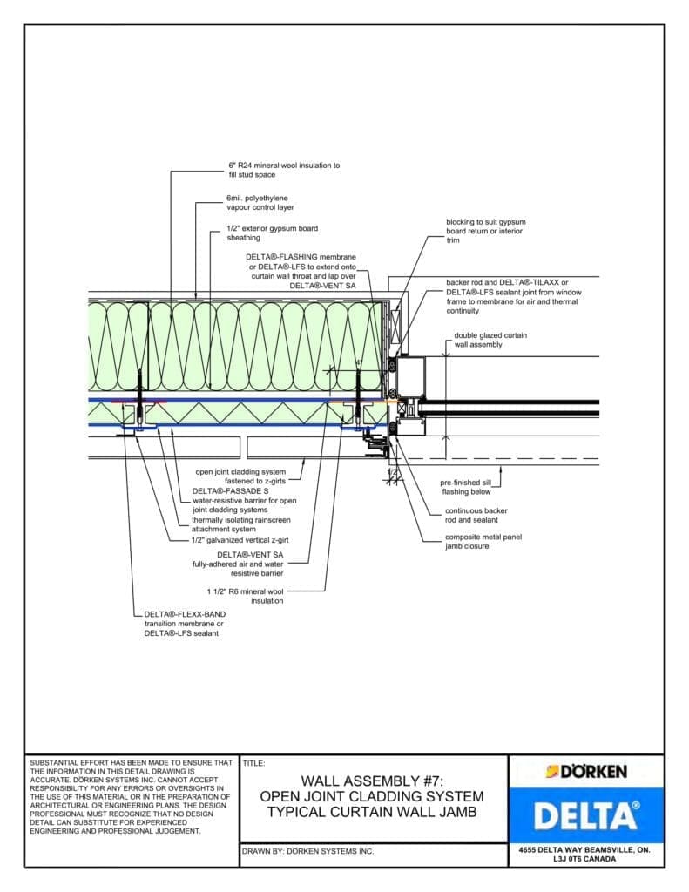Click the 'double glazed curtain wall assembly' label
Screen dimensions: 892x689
490,340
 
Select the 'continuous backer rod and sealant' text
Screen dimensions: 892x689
476,515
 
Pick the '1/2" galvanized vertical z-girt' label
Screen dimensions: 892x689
240,540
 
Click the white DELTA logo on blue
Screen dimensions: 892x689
585,815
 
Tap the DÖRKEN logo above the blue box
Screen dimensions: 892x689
585,772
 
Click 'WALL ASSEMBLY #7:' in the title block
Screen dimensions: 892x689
373,781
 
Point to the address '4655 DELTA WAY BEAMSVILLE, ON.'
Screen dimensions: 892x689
585,848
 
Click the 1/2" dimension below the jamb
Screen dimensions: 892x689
393,472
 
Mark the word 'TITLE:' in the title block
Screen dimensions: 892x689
254,763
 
